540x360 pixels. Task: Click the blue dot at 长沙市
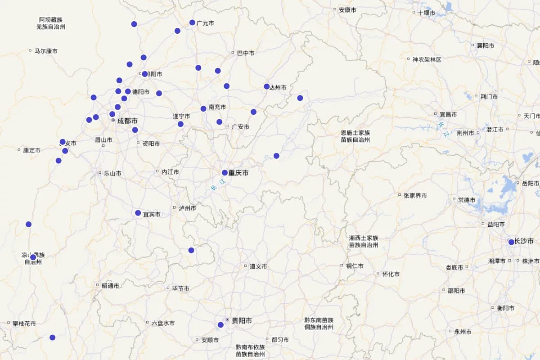[511, 242]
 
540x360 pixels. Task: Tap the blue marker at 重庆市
[225, 172]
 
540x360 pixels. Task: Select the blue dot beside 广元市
[192, 22]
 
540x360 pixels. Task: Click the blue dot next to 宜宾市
[138, 213]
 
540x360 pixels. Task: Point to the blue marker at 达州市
[267, 86]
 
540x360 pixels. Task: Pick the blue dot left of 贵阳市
[220, 324]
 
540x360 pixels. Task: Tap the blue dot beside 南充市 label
[203, 108]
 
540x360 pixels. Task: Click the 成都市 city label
[127, 121]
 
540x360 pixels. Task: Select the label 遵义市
[258, 266]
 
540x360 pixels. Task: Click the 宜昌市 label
[448, 115]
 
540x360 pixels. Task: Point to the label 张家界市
[415, 196]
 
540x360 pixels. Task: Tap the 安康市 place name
[348, 9]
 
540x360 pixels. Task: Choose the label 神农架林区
[427, 59]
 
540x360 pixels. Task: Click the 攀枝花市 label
[24, 323]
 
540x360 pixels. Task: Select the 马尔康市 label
[46, 51]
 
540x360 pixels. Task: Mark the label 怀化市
[391, 274]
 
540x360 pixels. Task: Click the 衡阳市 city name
[506, 308]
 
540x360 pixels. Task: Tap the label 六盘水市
[163, 323]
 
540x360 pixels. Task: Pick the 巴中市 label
[246, 53]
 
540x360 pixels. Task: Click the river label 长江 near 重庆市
[216, 185]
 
